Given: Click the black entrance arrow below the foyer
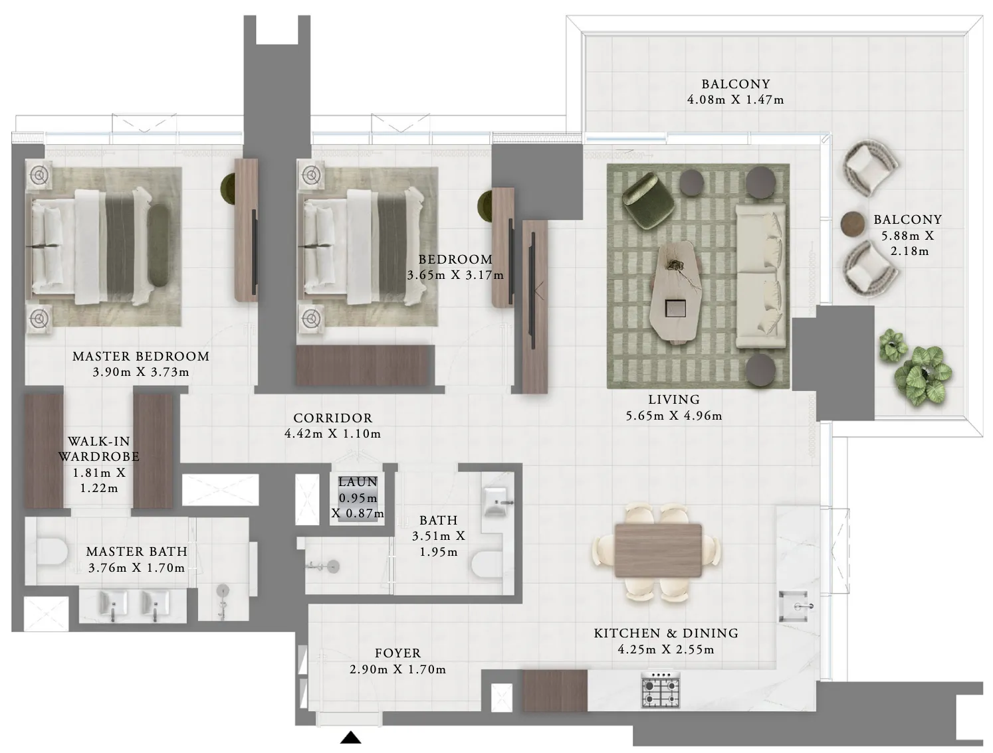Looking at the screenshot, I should [x=351, y=737].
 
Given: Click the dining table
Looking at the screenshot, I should [x=658, y=550].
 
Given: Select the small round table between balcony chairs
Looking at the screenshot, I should [x=852, y=223].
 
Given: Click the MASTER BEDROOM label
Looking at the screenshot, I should [x=141, y=357].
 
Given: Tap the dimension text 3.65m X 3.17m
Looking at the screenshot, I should [x=455, y=275].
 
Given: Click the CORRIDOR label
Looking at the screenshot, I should [x=333, y=418].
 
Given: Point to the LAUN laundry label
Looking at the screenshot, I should [x=358, y=482].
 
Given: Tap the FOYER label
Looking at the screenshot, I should [x=397, y=653].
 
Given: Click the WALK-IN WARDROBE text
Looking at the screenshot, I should [x=99, y=450].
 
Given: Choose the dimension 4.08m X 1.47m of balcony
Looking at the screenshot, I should [x=735, y=100].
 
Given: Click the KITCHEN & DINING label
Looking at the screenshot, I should [x=666, y=633].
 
